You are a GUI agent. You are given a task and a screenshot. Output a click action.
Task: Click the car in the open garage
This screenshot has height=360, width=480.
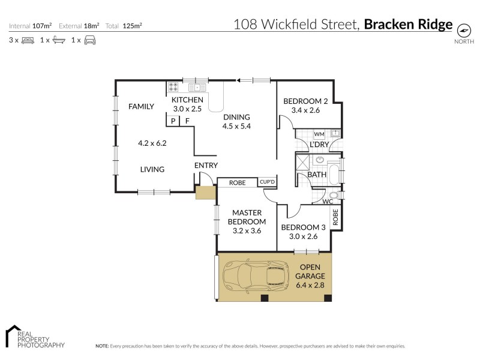pyautogui.click(x=256, y=277)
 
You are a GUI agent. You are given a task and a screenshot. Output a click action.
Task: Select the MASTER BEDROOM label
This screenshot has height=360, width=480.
pyautogui.click(x=245, y=217)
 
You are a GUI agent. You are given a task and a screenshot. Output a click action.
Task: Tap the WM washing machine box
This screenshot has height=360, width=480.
pyautogui.click(x=319, y=134)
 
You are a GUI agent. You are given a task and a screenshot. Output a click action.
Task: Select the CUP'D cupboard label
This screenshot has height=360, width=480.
pyautogui.click(x=266, y=182)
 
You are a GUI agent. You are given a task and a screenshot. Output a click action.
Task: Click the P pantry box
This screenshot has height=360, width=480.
pyautogui.click(x=173, y=121)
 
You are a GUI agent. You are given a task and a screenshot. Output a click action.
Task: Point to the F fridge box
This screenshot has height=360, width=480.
pyautogui.click(x=187, y=121)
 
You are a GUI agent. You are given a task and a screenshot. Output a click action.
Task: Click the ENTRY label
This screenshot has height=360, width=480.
pyautogui.click(x=206, y=166)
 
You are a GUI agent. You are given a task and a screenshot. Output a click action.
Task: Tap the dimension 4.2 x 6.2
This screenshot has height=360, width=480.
pyautogui.click(x=152, y=143)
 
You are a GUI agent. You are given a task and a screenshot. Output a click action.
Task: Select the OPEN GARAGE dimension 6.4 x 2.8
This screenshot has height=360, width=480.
pyautogui.click(x=310, y=285)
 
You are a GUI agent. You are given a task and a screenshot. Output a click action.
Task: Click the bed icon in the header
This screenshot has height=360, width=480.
pyautogui.click(x=28, y=40)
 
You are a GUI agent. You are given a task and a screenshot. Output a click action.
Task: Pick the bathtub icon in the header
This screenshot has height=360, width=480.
pyautogui.click(x=58, y=40)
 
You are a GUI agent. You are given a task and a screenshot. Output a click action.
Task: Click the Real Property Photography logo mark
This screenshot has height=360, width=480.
pyautogui.click(x=12, y=335)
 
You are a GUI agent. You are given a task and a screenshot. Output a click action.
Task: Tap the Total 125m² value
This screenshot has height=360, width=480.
pyautogui.click(x=132, y=26)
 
